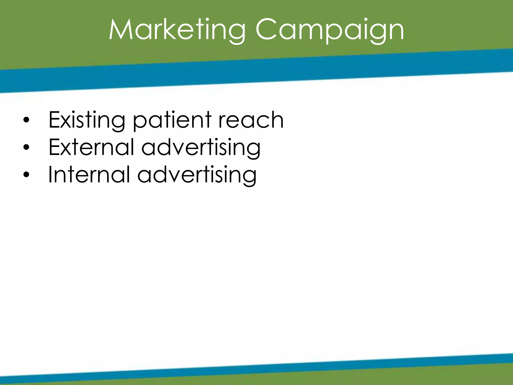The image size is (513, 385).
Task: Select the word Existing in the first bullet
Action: click(87, 120)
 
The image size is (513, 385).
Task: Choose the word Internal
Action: click(89, 175)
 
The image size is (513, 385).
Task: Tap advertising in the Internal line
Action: click(197, 175)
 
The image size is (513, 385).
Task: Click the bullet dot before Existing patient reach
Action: click(26, 120)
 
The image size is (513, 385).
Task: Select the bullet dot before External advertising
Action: click(26, 148)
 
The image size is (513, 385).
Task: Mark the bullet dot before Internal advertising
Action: click(26, 175)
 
